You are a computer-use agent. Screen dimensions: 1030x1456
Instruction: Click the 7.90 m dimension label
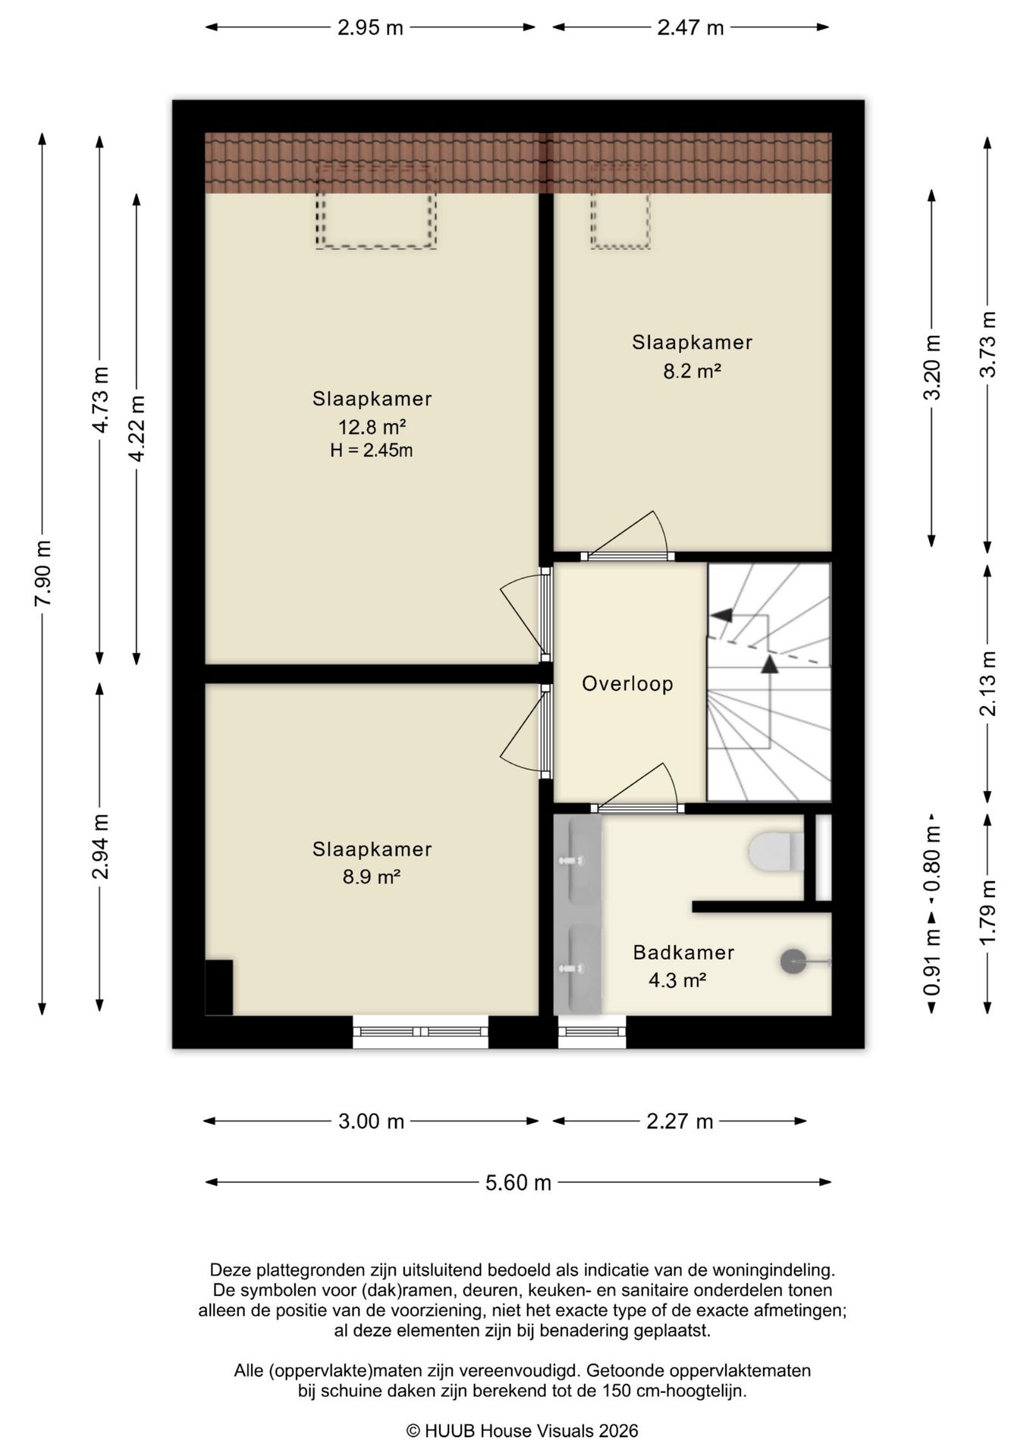coord(42,573)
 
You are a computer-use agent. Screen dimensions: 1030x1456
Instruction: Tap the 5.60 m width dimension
coord(518,1182)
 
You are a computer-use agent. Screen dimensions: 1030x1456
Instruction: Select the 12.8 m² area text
coord(372,426)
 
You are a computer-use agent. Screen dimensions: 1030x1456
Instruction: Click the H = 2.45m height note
coord(372,450)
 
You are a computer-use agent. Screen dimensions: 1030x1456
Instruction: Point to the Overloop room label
coord(627,684)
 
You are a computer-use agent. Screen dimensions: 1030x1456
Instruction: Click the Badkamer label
coord(683,952)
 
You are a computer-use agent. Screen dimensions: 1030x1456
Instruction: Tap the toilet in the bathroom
coord(776,852)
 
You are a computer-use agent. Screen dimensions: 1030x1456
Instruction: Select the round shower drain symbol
coord(793,962)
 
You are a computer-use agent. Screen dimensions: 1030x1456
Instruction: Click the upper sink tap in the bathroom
coord(571,861)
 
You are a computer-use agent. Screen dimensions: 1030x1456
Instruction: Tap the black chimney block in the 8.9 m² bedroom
coord(219,987)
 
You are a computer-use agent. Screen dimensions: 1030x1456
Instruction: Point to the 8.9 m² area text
coord(372,877)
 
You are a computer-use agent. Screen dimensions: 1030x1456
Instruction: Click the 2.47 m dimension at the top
coord(690,28)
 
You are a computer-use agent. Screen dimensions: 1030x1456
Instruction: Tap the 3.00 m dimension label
coord(371,1122)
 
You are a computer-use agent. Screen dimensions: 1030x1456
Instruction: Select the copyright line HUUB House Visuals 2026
coord(523,1431)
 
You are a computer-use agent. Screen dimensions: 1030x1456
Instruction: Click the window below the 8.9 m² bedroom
coord(420,1032)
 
